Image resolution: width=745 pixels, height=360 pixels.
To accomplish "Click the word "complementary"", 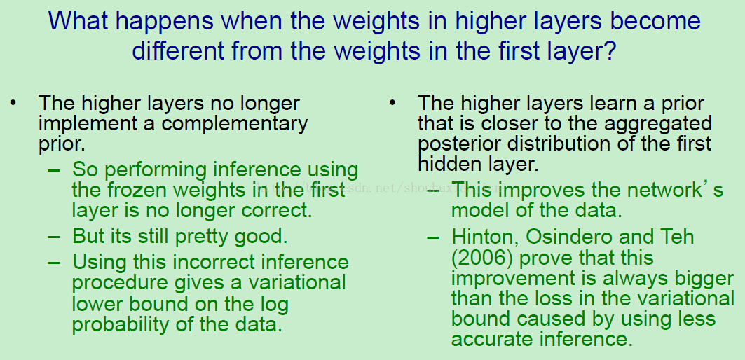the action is click(235, 125).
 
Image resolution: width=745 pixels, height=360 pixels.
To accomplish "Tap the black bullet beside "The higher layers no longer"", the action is click(13, 103).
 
